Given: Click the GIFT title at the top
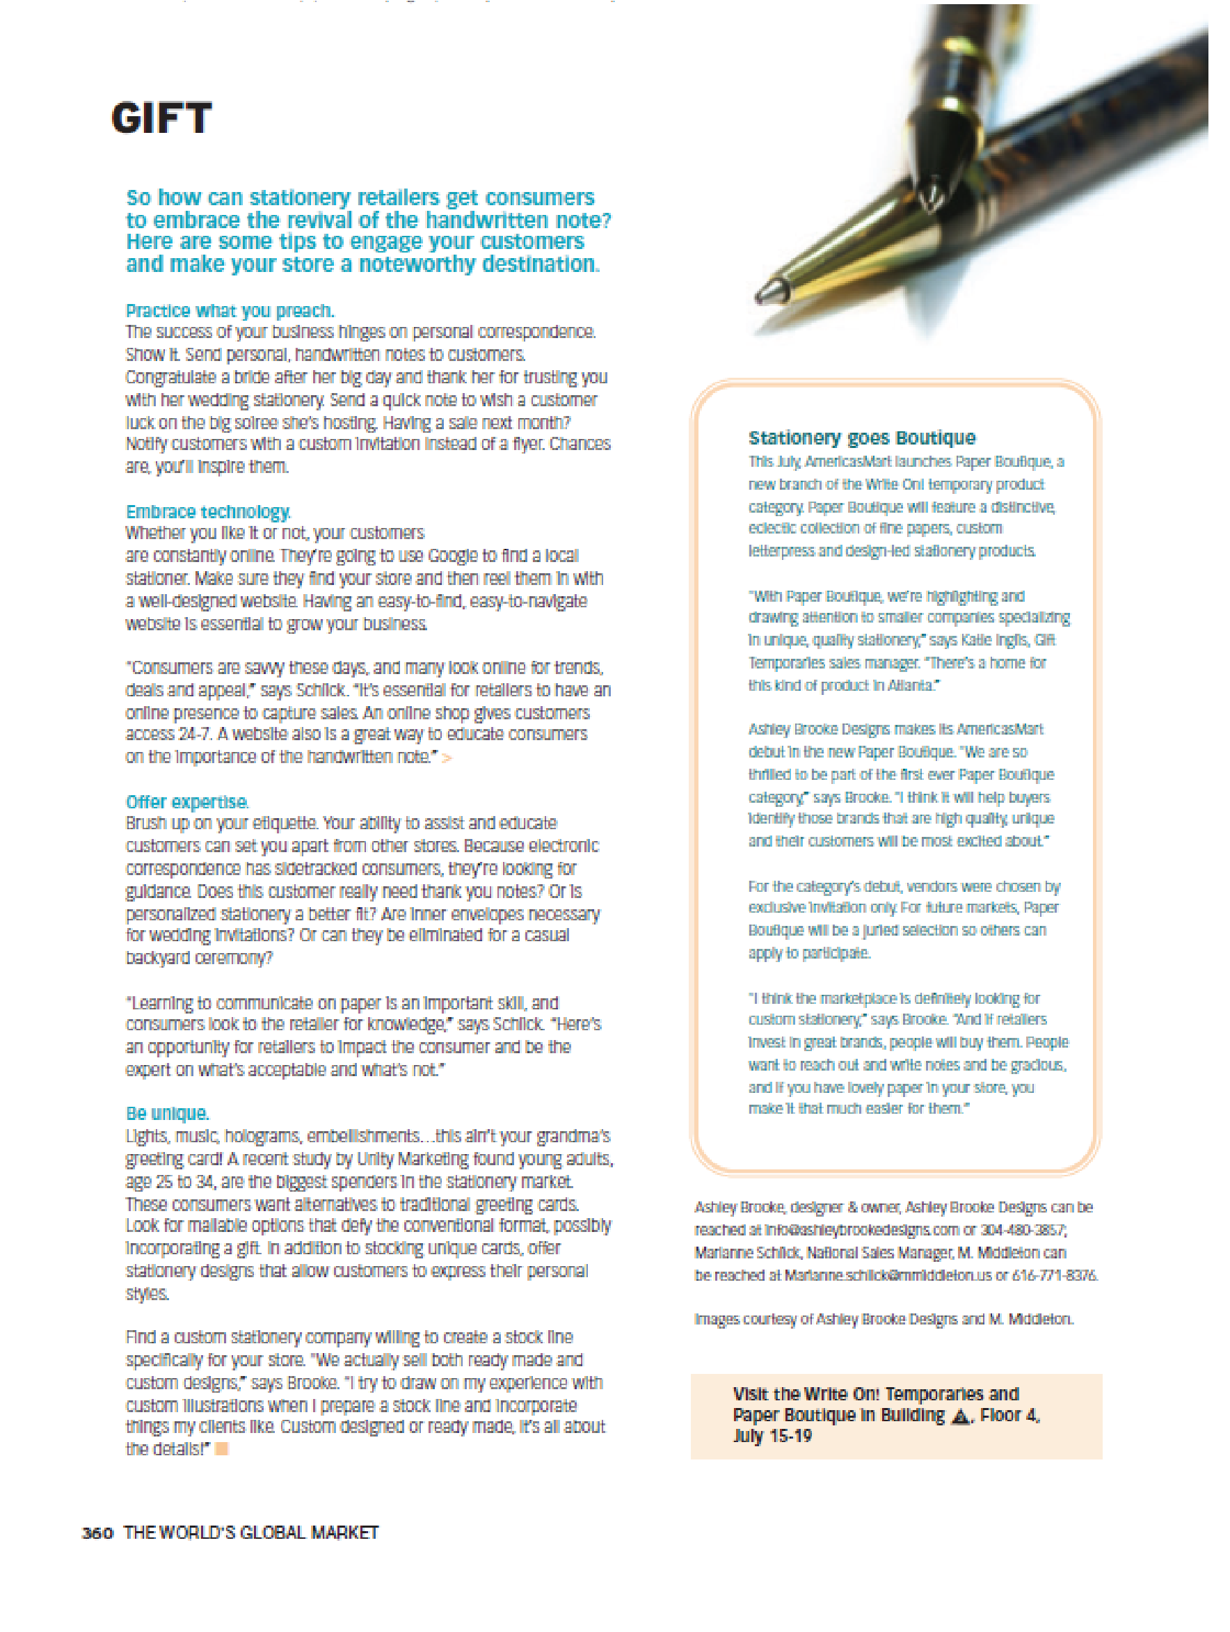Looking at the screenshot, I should tap(161, 118).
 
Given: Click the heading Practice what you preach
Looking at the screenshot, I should tap(230, 311).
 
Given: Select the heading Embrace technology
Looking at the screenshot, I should tap(208, 512).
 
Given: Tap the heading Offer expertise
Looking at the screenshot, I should tap(186, 802).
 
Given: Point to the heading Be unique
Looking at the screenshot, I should tap(167, 1113).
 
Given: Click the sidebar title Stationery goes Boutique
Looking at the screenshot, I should tap(861, 438).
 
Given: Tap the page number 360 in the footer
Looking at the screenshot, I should tap(97, 1533).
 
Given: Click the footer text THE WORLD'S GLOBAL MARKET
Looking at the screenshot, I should tap(251, 1533).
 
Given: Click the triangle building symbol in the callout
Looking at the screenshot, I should tap(960, 1416).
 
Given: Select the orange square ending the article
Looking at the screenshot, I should tap(221, 1449).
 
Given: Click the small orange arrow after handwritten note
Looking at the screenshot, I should tap(447, 758).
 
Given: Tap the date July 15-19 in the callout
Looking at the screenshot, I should tap(772, 1437).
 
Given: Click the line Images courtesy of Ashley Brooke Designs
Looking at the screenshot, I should tap(884, 1319).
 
